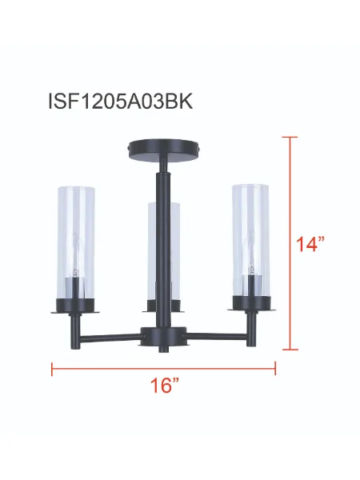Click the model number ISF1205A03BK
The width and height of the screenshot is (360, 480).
coord(122,102)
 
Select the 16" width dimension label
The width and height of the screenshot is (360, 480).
coord(162,385)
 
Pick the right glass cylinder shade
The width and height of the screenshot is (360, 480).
coord(250,240)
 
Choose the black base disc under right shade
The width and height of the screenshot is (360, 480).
coord(250,302)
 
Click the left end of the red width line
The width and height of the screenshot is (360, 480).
coord(53,369)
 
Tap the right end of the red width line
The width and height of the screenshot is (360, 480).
coord(275,369)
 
